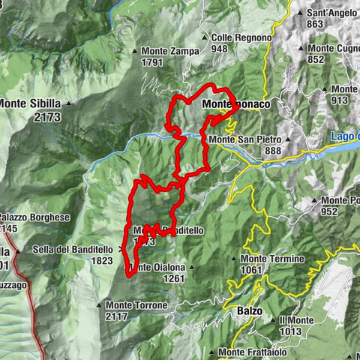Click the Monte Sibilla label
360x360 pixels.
point(31,103)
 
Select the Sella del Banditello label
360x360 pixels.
point(73,250)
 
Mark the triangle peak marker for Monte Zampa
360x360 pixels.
point(135,52)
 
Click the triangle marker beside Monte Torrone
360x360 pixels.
point(98,305)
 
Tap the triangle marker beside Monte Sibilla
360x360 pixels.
point(68,103)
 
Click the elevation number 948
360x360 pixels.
point(219,49)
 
